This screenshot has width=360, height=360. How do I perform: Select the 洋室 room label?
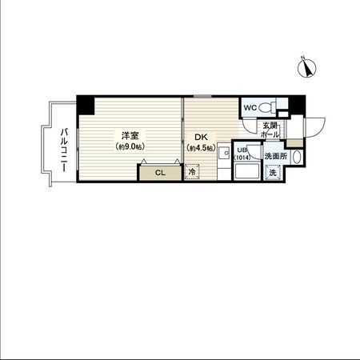(x=128, y=136)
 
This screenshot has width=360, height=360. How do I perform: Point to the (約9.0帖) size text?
(x=128, y=148)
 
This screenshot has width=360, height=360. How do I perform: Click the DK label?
(x=196, y=137)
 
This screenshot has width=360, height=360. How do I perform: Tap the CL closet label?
(x=159, y=173)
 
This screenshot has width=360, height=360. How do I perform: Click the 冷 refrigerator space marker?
(x=192, y=171)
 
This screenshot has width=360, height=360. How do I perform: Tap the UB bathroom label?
(x=241, y=150)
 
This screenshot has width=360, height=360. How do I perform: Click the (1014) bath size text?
(x=243, y=158)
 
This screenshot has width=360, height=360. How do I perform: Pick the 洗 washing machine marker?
(x=273, y=173)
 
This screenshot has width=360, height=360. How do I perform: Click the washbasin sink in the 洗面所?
(x=296, y=158)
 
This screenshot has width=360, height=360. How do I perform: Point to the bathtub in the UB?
(x=247, y=172)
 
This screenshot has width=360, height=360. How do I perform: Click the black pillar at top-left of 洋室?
(x=85, y=102)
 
